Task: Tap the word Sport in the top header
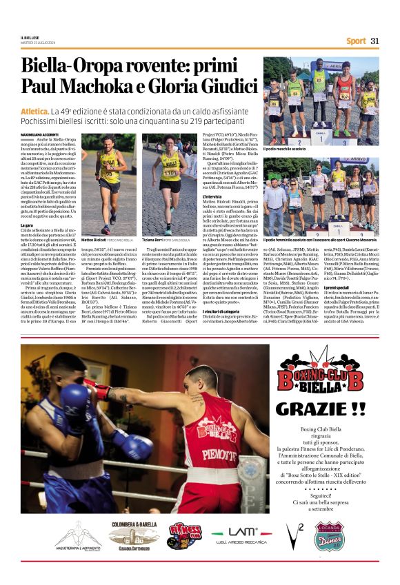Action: (x=356, y=41)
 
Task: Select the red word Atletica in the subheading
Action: (x=35, y=110)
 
